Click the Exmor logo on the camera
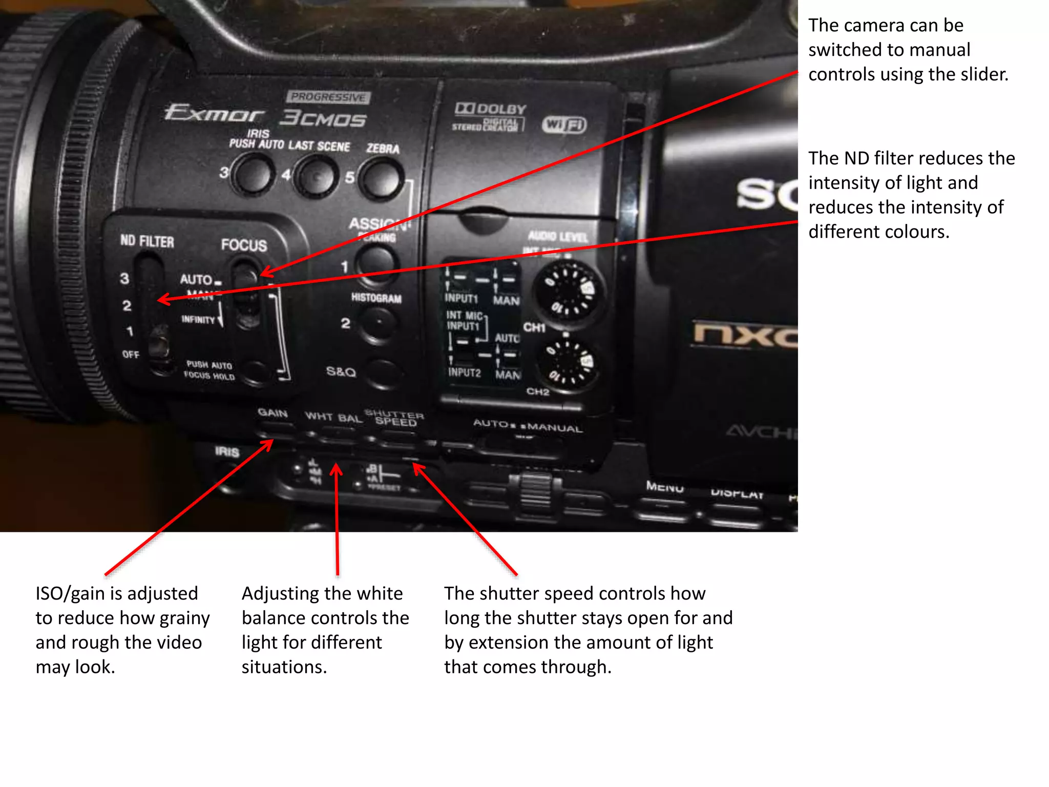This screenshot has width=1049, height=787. (x=214, y=113)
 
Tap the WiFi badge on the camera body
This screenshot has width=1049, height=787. (x=564, y=125)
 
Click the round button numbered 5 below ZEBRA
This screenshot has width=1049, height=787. (x=381, y=179)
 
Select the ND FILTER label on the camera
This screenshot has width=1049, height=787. (x=147, y=241)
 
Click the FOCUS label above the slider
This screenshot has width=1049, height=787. (x=244, y=245)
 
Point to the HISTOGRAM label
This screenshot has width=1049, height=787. (x=376, y=298)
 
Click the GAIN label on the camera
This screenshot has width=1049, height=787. (x=272, y=412)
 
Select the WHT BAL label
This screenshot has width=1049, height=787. (x=333, y=417)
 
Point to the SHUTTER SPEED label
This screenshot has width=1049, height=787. (x=395, y=418)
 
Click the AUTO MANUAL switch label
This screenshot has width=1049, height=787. (x=528, y=425)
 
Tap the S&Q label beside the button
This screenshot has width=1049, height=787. (x=341, y=371)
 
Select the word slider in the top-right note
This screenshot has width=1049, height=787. (x=983, y=74)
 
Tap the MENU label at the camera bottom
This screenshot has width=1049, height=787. (x=664, y=486)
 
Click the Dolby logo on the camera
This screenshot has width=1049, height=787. (x=490, y=109)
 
